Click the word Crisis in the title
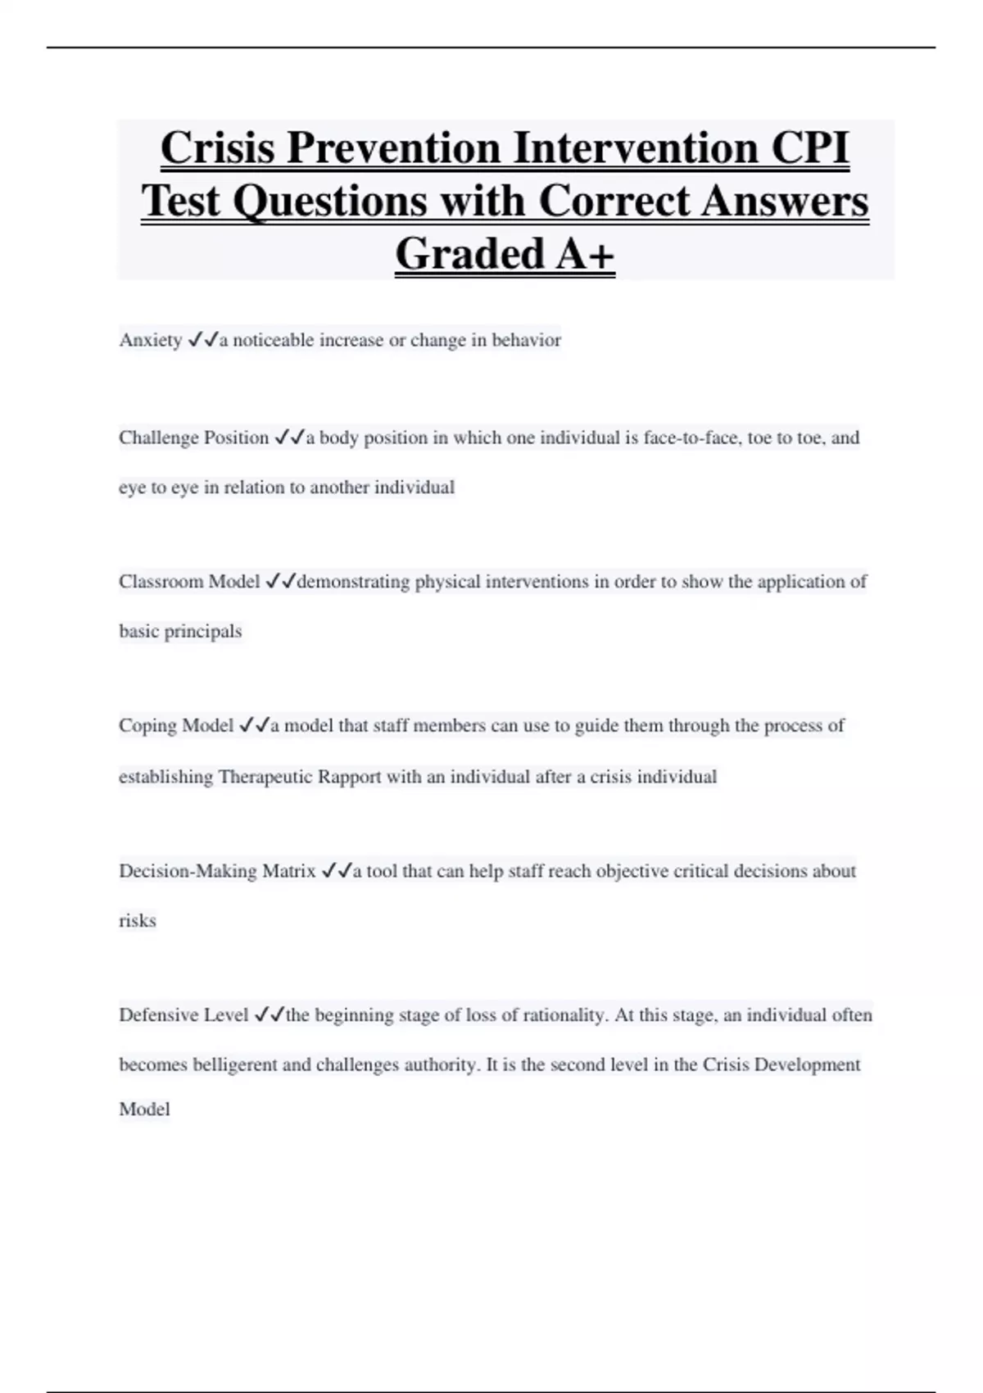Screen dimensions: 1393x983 (218, 148)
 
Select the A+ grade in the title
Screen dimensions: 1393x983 (585, 253)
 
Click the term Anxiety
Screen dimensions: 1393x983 (151, 340)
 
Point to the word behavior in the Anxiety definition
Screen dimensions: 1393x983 (526, 340)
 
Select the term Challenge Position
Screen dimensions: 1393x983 (194, 438)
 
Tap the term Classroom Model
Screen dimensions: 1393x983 (189, 582)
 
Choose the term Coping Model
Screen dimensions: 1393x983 (176, 726)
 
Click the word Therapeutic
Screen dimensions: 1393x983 (265, 777)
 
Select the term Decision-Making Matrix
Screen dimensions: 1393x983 (217, 871)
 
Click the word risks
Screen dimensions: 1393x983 (138, 921)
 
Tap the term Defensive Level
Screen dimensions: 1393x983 (183, 1015)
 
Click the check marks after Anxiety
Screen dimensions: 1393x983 (202, 339)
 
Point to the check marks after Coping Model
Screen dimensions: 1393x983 (254, 725)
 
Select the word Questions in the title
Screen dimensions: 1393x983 (330, 201)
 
